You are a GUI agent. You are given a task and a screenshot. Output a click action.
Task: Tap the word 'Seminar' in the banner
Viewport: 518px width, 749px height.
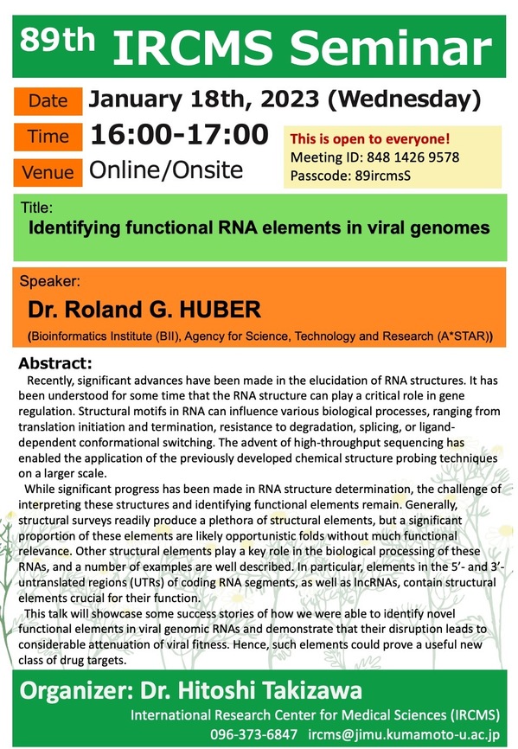tap(391, 48)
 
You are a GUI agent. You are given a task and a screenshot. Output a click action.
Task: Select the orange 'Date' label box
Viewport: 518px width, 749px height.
tap(48, 101)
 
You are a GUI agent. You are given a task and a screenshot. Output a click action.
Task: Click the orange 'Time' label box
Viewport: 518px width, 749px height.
tap(48, 137)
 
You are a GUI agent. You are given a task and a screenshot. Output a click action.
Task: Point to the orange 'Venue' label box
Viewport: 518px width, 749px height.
tap(48, 172)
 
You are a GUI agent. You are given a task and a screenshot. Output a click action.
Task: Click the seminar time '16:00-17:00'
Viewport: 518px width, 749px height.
tap(180, 134)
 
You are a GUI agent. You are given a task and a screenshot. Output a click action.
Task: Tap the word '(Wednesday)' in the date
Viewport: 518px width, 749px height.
tap(405, 99)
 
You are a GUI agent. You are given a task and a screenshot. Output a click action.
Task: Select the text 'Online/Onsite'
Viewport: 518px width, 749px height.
tap(166, 170)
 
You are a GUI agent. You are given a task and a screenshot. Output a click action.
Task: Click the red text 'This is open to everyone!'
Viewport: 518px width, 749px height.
tap(370, 139)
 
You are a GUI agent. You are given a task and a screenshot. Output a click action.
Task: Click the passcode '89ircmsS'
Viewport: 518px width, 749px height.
tap(383, 176)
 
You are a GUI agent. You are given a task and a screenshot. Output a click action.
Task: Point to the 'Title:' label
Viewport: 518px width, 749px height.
tap(37, 208)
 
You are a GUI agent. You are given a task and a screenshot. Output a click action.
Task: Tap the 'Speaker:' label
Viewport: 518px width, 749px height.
tap(50, 281)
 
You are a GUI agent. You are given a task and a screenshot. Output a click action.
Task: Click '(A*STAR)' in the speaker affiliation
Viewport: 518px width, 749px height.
tap(465, 336)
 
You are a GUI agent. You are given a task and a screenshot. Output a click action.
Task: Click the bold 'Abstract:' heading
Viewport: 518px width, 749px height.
tap(54, 363)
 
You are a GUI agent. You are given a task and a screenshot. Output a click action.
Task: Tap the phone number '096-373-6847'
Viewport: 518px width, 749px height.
tap(254, 734)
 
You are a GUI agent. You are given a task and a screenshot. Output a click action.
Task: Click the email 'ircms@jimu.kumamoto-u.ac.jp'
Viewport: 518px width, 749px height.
tap(404, 734)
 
